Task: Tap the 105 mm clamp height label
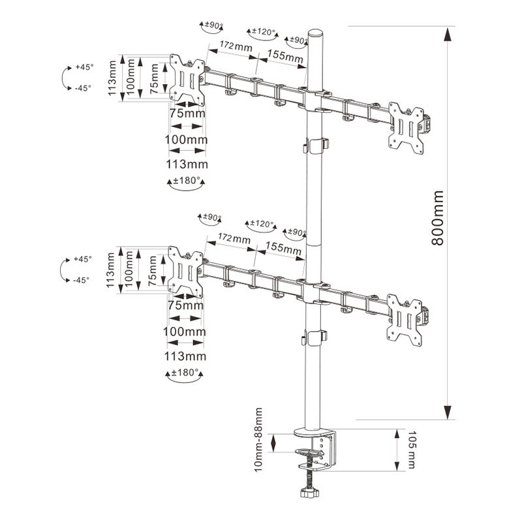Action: click(411, 450)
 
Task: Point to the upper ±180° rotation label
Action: click(185, 182)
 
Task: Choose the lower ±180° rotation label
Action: click(184, 374)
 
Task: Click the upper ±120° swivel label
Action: click(262, 32)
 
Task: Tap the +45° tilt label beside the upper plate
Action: click(84, 67)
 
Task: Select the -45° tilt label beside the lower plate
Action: click(81, 280)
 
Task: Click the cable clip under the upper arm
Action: click(316, 145)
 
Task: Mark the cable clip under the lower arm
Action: click(316, 337)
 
